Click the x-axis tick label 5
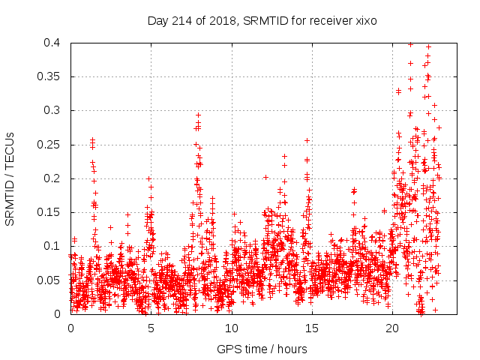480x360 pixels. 151,328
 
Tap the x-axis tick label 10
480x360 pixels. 231,328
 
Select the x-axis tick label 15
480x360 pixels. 311,328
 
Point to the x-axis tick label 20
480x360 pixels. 391,328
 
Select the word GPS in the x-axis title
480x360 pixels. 228,349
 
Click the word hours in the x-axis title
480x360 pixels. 290,349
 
